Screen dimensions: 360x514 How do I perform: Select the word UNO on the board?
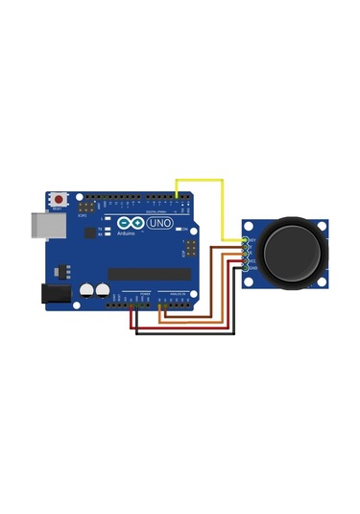click(157, 223)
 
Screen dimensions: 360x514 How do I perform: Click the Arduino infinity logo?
click(126, 224)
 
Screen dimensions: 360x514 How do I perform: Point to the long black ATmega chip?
click(149, 274)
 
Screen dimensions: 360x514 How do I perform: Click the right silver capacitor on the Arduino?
click(102, 289)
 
